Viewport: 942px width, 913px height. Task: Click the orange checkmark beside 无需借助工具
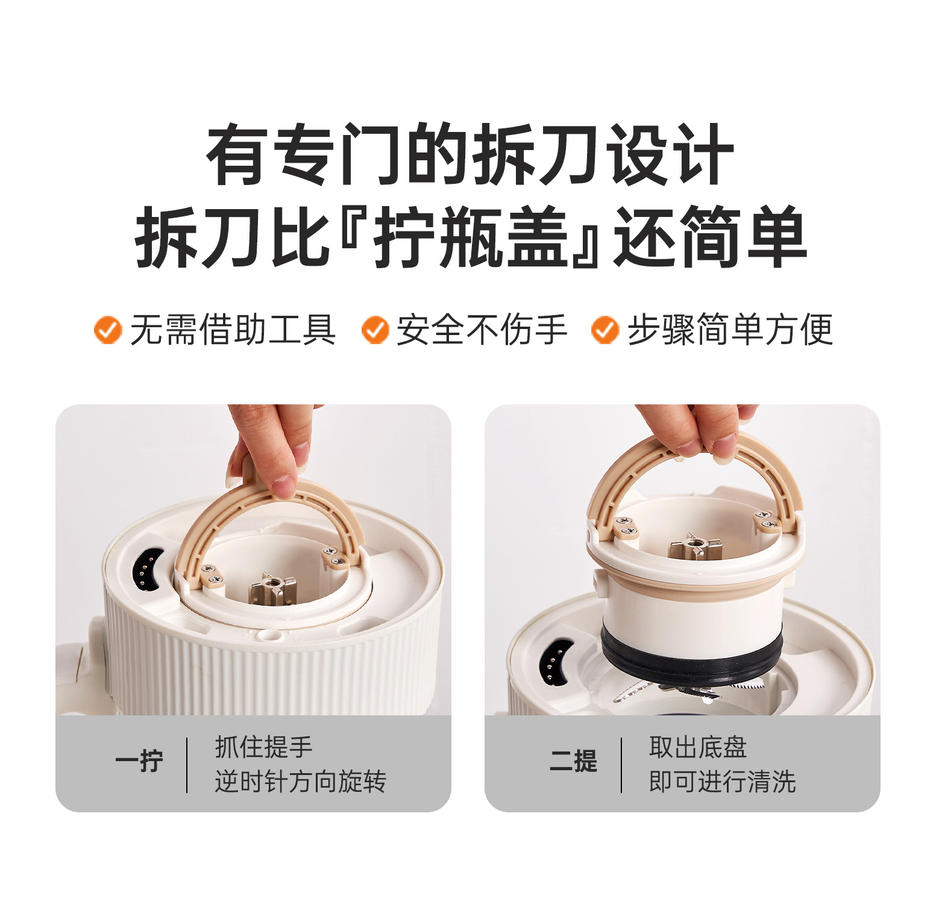[108, 330]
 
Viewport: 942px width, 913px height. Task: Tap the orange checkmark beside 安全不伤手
[375, 330]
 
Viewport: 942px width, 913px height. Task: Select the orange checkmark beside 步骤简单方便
[605, 330]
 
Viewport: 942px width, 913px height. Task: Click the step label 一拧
[139, 762]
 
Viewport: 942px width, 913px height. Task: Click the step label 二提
[573, 762]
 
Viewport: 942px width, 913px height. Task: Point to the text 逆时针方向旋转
[300, 782]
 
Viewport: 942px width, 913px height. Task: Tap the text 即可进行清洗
[722, 782]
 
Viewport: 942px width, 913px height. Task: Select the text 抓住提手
[264, 747]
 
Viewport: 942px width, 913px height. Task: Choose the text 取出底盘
[698, 747]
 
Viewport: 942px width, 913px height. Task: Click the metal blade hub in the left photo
[273, 588]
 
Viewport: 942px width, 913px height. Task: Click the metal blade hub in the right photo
[695, 547]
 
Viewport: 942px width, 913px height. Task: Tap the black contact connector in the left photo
[145, 571]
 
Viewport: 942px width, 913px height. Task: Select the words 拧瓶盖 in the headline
[472, 237]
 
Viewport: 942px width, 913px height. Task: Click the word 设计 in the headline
[670, 155]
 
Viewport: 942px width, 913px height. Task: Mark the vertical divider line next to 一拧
[187, 765]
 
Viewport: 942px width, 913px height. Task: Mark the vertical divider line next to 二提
[621, 765]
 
